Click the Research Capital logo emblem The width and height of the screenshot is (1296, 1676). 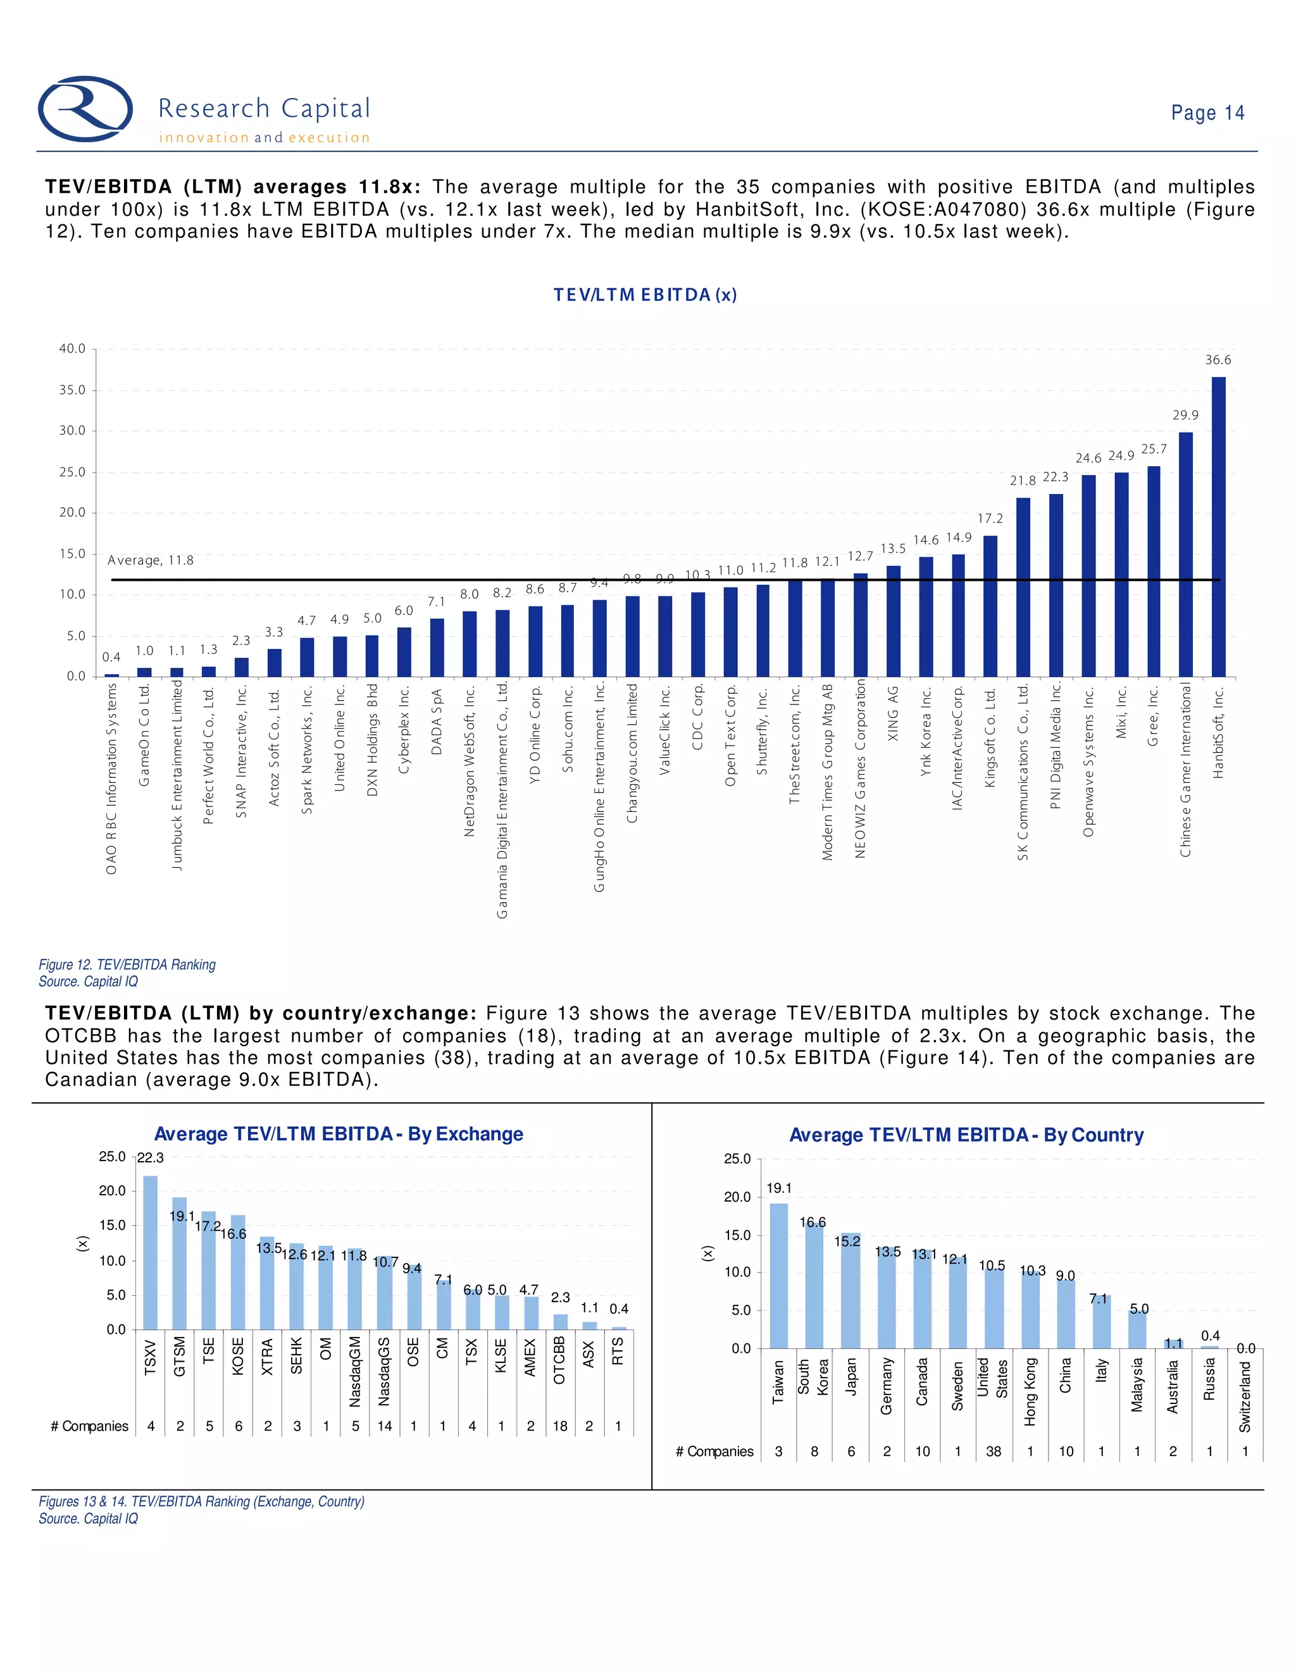(x=85, y=108)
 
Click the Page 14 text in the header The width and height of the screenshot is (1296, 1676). (x=1207, y=113)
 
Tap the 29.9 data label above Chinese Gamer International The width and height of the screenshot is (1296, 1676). (x=1185, y=415)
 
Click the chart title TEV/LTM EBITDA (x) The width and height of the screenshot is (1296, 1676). (x=645, y=295)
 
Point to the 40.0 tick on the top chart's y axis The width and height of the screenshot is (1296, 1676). (x=73, y=348)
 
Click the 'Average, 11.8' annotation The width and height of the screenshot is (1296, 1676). (x=151, y=560)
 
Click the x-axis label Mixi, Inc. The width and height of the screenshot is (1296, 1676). (x=1121, y=713)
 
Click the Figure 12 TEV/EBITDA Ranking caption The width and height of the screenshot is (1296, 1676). (x=127, y=964)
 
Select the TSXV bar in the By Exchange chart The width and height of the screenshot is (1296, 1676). (x=151, y=1252)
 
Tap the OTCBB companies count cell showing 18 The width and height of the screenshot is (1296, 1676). (x=559, y=1426)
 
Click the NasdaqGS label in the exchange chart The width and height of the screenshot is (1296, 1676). (x=385, y=1371)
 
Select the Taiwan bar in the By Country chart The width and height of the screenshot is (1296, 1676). (x=778, y=1276)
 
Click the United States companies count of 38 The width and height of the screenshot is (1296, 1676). (x=994, y=1451)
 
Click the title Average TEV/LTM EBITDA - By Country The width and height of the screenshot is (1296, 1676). (x=966, y=1135)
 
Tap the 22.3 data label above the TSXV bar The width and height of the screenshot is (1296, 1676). (x=151, y=1158)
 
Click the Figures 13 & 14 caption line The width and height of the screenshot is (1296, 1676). (x=202, y=1501)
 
